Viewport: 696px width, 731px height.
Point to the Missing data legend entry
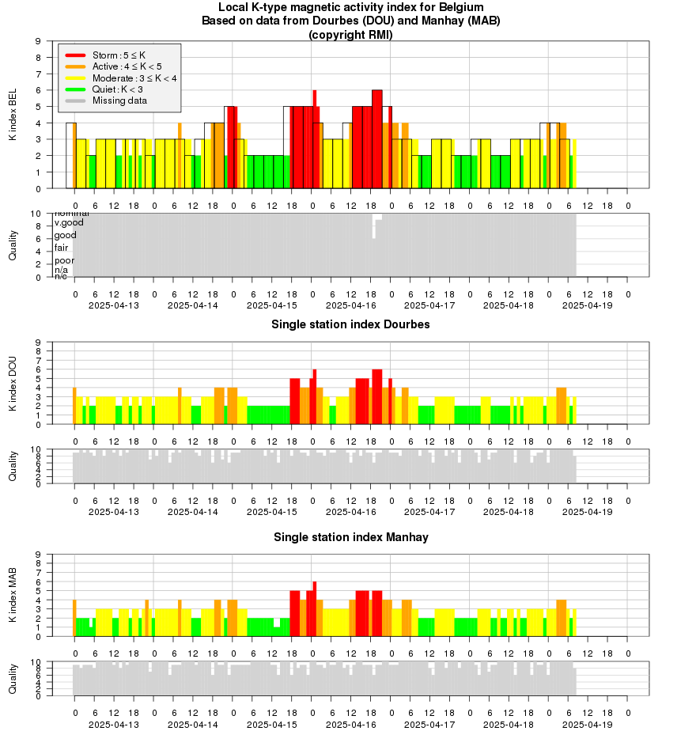tap(119, 100)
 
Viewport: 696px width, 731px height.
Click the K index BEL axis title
tap(13, 115)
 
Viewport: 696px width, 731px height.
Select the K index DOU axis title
tap(13, 384)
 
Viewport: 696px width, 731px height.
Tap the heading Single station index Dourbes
tap(350, 324)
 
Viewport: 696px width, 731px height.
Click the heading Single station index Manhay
tap(350, 537)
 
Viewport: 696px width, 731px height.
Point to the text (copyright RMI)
tap(350, 35)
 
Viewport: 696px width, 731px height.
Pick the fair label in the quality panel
tap(61, 248)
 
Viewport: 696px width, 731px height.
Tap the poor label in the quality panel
tap(64, 260)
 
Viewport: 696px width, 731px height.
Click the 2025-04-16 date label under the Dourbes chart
tap(351, 513)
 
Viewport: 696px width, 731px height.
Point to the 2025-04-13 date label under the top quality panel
tap(114, 305)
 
